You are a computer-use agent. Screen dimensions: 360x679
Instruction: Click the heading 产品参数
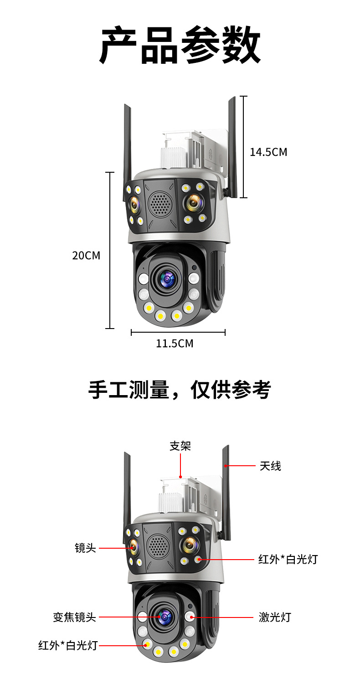[x=180, y=46]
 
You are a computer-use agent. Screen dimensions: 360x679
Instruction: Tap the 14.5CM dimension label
[x=268, y=152]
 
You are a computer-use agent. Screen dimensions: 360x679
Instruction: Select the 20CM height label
[x=86, y=255]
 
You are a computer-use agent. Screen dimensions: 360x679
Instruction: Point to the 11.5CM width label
[x=175, y=344]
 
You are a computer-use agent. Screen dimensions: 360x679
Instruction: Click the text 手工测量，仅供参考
[x=180, y=390]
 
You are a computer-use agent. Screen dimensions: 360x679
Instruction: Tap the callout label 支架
[x=180, y=446]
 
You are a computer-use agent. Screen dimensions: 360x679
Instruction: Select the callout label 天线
[x=270, y=466]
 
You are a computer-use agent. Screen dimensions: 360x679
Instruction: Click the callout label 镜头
[x=85, y=548]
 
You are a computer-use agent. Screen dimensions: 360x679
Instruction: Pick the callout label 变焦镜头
[x=74, y=617]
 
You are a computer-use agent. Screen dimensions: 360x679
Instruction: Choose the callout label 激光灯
[x=275, y=617]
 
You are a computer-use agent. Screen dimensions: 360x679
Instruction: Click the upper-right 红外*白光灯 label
[x=288, y=559]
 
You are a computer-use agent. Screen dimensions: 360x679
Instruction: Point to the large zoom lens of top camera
[x=166, y=278]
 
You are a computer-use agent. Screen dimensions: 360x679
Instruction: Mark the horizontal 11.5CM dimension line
[x=178, y=333]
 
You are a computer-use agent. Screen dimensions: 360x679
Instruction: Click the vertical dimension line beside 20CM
[x=110, y=251]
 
